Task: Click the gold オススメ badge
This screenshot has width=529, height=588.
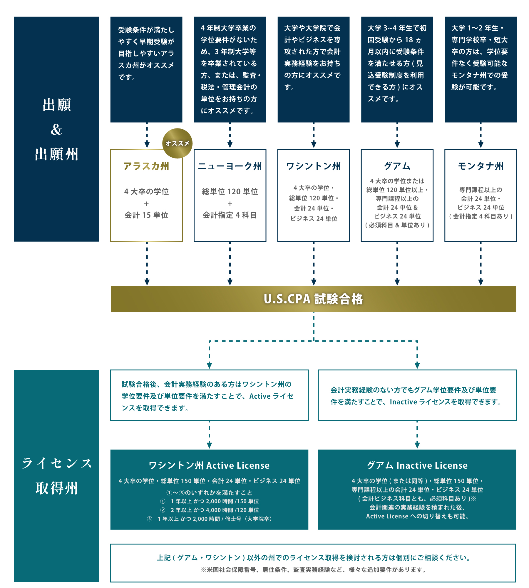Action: click(x=177, y=143)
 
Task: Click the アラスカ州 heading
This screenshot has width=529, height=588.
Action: click(x=146, y=166)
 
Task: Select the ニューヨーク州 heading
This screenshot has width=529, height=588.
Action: click(x=230, y=166)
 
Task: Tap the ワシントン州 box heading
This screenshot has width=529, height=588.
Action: click(x=314, y=166)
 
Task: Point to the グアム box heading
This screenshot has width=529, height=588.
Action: click(x=397, y=166)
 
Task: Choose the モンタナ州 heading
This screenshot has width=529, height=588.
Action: click(x=481, y=166)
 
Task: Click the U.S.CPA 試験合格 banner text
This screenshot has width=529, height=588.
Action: click(x=313, y=299)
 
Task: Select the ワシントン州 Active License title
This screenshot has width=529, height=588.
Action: click(x=209, y=465)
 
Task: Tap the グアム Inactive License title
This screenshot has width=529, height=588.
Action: click(x=417, y=465)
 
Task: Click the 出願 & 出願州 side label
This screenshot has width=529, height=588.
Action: click(x=56, y=129)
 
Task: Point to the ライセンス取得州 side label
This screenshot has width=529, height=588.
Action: click(x=56, y=476)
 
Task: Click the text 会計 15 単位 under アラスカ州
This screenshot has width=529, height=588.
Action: click(x=146, y=215)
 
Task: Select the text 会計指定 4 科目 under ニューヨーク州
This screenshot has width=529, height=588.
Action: click(x=230, y=215)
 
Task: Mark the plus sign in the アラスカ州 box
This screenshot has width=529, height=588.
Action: click(x=146, y=204)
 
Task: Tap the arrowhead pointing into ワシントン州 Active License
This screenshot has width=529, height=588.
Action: click(x=209, y=445)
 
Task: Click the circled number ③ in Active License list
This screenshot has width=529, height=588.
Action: click(x=150, y=519)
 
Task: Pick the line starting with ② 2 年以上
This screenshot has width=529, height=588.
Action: click(x=209, y=510)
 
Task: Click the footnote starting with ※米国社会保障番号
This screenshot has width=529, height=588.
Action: click(x=313, y=570)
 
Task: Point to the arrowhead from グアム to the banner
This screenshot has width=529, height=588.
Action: click(x=397, y=282)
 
